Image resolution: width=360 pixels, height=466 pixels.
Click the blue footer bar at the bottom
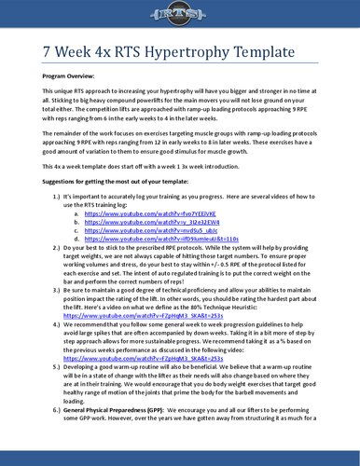point(180,463)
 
